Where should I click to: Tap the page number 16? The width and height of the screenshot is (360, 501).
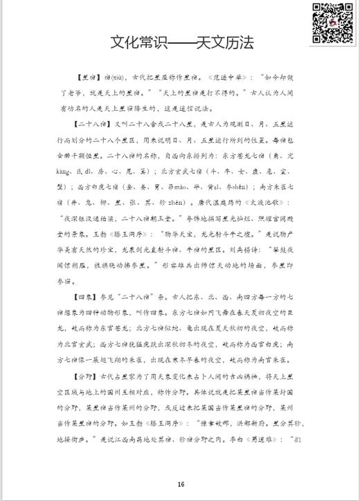[180, 484]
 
